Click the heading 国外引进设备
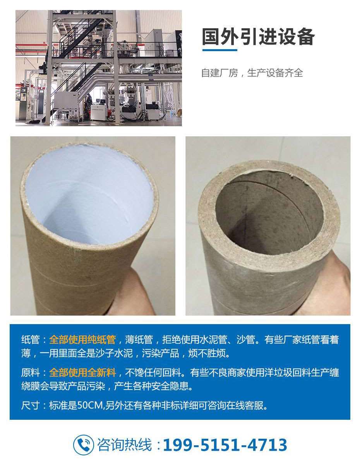click(x=259, y=37)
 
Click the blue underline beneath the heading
click(x=220, y=50)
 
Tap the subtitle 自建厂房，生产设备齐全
click(x=252, y=73)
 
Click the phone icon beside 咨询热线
click(x=83, y=445)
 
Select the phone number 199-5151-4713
click(x=225, y=445)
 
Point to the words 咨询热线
click(x=125, y=445)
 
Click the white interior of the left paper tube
click(x=90, y=193)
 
